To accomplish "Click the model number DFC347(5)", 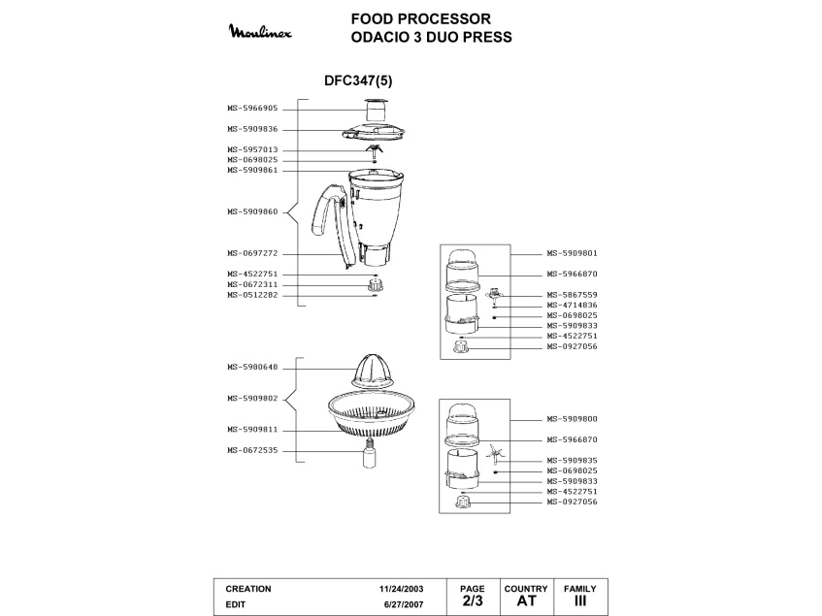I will (x=358, y=81).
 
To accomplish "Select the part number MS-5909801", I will (x=572, y=253).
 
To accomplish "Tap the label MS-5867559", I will (x=572, y=295).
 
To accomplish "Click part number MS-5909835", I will (x=572, y=460).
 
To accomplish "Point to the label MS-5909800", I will (x=572, y=419).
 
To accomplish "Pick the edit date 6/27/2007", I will (x=404, y=604).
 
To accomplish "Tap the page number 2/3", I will (x=472, y=601).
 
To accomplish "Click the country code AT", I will (x=526, y=601).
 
